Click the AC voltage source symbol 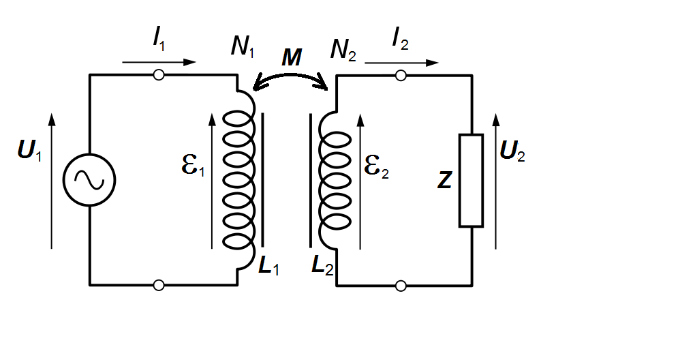coord(89,180)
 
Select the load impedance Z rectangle coord(471,180)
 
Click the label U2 coord(512,152)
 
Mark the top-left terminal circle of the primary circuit coord(159,75)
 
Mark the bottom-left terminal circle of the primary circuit coord(159,285)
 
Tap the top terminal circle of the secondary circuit coord(401,75)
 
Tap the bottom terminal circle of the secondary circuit coord(401,285)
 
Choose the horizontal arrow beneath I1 coord(159,63)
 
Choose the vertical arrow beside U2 coord(495,181)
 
